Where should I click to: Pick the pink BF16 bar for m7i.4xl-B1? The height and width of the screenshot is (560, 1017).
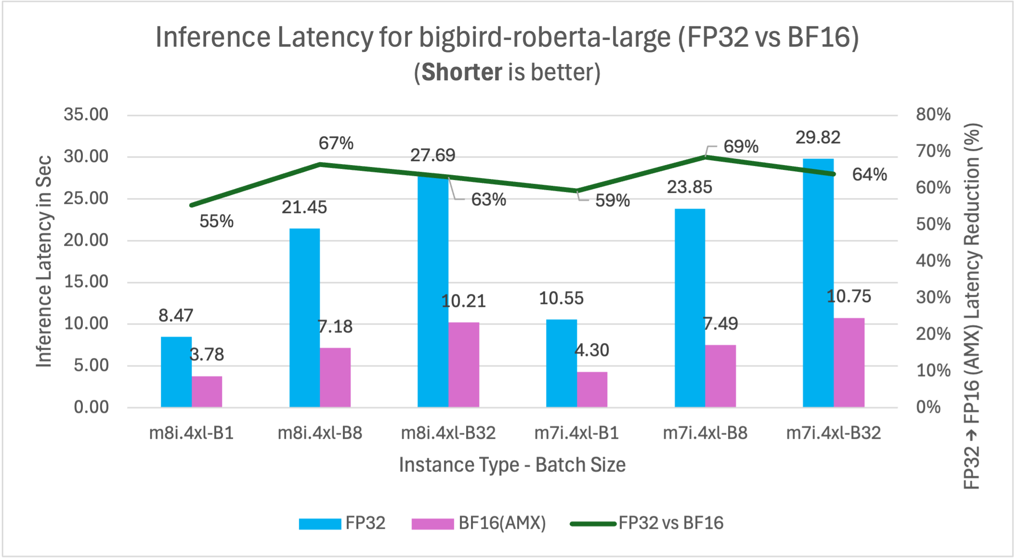(592, 389)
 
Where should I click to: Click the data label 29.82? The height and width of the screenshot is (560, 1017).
(818, 138)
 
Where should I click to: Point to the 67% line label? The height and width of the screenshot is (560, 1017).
(336, 143)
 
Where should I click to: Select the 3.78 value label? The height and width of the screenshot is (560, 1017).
(207, 355)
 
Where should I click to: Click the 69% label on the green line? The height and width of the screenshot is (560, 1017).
(741, 146)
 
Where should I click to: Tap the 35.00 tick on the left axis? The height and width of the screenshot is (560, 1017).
(86, 115)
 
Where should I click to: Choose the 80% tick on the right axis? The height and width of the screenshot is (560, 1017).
(933, 115)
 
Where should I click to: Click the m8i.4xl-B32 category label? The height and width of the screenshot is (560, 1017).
(448, 433)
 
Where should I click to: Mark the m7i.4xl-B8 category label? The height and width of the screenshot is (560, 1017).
(705, 433)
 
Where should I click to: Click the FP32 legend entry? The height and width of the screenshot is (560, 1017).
(342, 523)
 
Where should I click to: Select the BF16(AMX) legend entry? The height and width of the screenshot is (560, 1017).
(479, 523)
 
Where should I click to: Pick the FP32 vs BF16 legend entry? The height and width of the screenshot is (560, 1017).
(646, 523)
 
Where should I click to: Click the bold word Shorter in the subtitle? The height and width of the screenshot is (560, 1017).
(462, 72)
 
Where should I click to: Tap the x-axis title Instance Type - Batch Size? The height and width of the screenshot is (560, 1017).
(512, 465)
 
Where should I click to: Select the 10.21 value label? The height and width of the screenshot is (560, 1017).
(463, 301)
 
